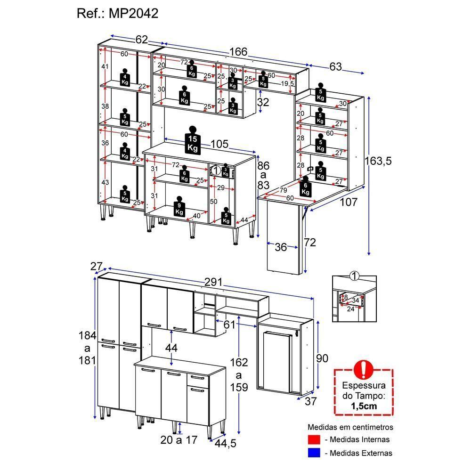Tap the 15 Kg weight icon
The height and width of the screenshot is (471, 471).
click(193, 139)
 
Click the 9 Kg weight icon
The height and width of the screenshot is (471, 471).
click(179, 207)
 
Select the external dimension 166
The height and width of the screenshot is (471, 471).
click(238, 52)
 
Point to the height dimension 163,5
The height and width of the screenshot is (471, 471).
click(378, 161)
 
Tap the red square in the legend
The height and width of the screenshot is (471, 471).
click(314, 440)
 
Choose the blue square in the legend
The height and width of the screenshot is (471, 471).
click(314, 453)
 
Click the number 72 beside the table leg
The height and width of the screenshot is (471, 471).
click(310, 243)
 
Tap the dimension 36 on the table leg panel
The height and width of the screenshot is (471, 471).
click(281, 247)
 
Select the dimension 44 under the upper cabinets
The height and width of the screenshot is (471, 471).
click(171, 348)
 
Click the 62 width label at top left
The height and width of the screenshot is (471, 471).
click(142, 40)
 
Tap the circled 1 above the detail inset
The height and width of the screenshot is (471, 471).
click(355, 276)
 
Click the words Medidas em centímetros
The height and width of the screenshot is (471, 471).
click(350, 427)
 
